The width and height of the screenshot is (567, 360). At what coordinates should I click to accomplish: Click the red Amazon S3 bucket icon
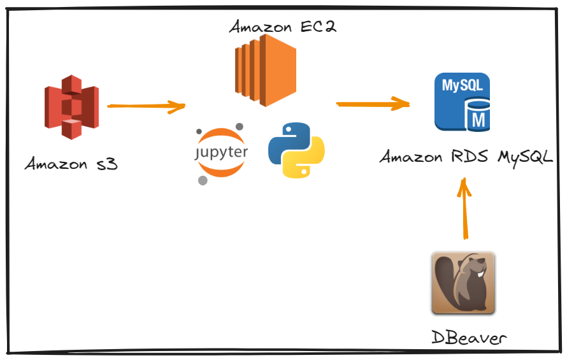click(71, 106)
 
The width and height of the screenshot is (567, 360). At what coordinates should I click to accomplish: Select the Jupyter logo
click(220, 153)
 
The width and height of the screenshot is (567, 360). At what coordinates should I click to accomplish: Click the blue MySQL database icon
click(462, 101)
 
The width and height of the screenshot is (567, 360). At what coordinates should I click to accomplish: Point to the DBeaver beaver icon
click(463, 284)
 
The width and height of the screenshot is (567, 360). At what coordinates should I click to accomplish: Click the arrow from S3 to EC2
click(146, 106)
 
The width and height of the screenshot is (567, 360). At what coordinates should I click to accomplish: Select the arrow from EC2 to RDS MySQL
click(373, 103)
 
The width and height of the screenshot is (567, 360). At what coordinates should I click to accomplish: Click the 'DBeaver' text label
click(469, 337)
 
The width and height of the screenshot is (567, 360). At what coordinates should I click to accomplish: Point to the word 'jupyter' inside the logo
click(220, 153)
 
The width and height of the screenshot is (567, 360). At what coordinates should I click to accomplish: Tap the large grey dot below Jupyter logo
click(203, 180)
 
